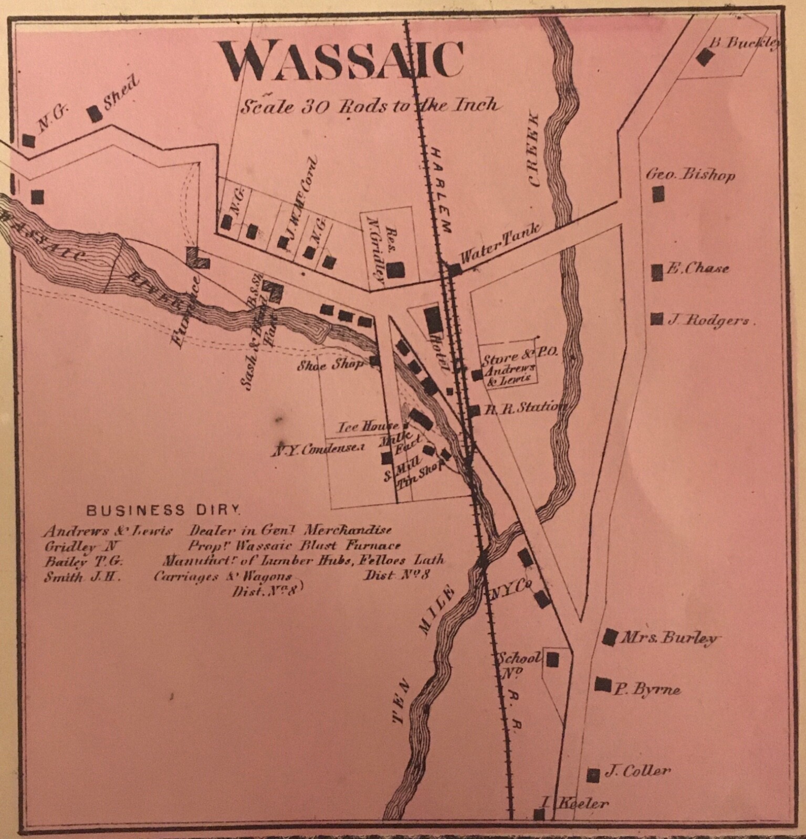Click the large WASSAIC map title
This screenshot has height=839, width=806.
point(341,60)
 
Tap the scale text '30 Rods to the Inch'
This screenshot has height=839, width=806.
point(368,107)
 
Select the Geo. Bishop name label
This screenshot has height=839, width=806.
point(690,175)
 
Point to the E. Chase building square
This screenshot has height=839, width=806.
point(656,272)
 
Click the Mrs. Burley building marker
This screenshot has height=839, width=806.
point(609,636)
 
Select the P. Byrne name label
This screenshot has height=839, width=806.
point(647,689)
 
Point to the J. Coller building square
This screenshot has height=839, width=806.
point(593,774)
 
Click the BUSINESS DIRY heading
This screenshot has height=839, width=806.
point(164,509)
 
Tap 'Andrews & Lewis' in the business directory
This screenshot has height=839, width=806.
point(108,531)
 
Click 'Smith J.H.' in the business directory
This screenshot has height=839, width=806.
point(82,577)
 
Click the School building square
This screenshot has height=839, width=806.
point(551,659)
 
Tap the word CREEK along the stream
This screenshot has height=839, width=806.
point(535,149)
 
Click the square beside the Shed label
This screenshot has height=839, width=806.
point(95,113)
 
